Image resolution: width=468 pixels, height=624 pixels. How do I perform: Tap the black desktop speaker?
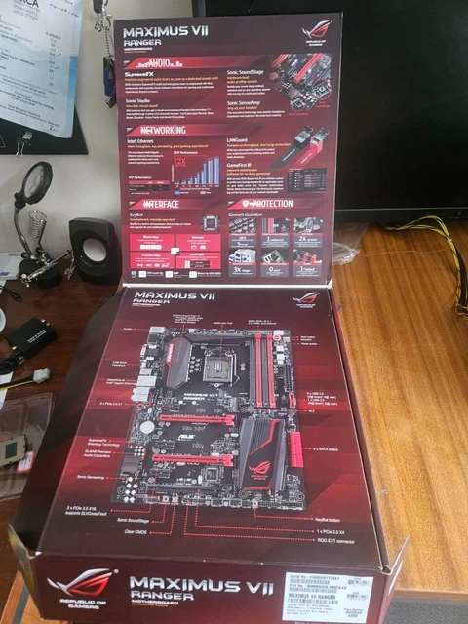point(94,250)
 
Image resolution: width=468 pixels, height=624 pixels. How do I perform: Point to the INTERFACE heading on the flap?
point(157,205)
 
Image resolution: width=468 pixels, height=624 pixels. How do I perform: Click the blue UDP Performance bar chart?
point(199,171)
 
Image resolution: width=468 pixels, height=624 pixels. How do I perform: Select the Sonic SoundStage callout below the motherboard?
point(172,524)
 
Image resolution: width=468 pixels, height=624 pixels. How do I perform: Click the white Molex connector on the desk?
point(40,375)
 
